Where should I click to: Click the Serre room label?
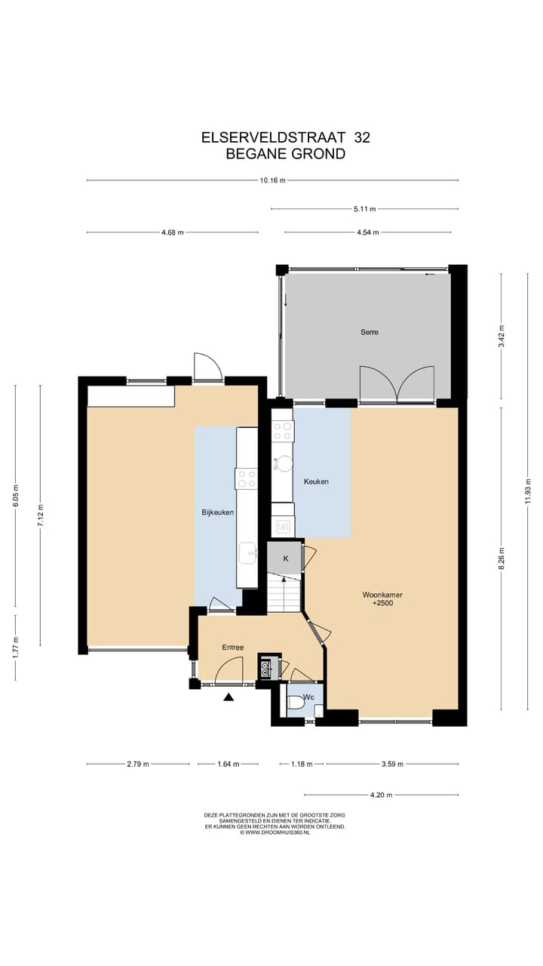370,332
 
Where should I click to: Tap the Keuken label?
316,481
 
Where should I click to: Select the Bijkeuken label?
217,512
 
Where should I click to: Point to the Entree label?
232,648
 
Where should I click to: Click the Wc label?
309,697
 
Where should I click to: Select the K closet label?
286,558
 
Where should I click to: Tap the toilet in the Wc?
296,703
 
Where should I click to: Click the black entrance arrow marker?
229,697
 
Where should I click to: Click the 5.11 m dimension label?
364,209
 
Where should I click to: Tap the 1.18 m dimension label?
302,764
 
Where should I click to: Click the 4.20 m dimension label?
381,795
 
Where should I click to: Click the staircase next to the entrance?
284,592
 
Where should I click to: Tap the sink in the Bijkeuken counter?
247,553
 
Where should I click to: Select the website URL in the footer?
275,832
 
